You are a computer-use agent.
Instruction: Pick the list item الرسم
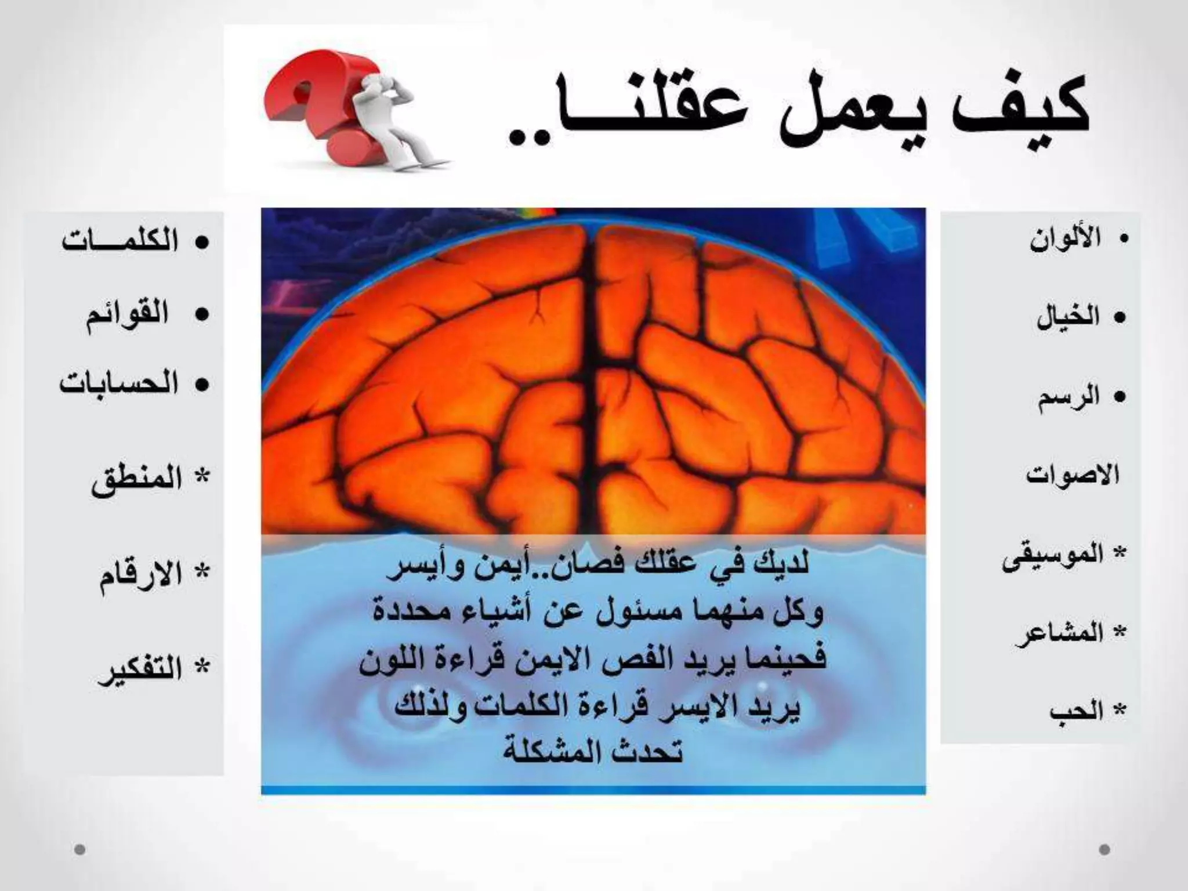click(x=1069, y=397)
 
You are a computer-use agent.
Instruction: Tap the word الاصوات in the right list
click(x=1072, y=476)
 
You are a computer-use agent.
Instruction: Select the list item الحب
click(x=1076, y=711)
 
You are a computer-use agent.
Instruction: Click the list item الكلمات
click(x=120, y=241)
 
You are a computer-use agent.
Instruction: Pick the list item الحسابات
click(x=119, y=384)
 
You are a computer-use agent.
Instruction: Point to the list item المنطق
click(x=136, y=481)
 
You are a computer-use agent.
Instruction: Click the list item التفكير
click(x=139, y=670)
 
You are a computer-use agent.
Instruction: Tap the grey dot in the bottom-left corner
click(x=80, y=850)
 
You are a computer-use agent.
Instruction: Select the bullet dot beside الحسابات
click(x=201, y=385)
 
